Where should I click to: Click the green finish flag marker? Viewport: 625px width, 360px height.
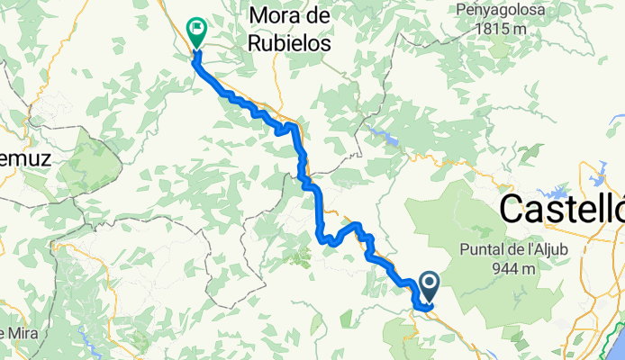pyautogui.click(x=195, y=31)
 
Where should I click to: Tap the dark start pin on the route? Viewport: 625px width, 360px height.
pyautogui.click(x=429, y=286)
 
